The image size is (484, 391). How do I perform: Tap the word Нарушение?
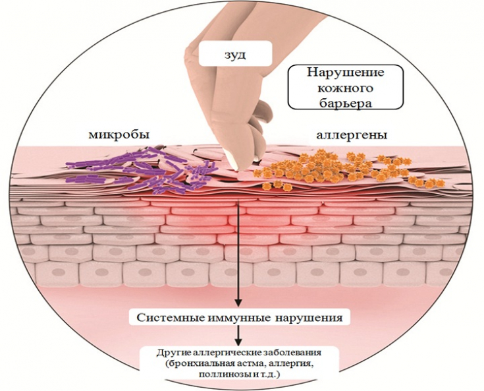pyautogui.click(x=346, y=73)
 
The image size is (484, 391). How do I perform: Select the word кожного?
pyautogui.click(x=346, y=89)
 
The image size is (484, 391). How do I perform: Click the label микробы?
pyautogui.click(x=119, y=135)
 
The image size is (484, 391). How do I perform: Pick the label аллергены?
pyautogui.click(x=352, y=135)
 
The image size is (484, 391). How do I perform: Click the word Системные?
pyautogui.click(x=170, y=318)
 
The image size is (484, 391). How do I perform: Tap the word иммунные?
pyautogui.click(x=237, y=318)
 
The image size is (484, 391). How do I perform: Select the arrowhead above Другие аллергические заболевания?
pyautogui.click(x=238, y=342)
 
